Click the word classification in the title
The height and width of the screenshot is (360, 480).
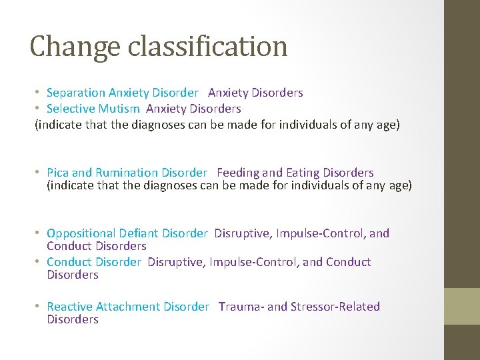pos(208,47)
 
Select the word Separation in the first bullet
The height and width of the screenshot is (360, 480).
pos(76,93)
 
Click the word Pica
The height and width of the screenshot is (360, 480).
pos(58,173)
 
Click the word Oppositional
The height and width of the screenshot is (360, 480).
pos(81,233)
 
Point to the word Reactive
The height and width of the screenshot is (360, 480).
pos(70,307)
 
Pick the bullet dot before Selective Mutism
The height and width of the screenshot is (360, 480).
pos(39,109)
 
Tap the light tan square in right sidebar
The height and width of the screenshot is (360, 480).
pos(462,306)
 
